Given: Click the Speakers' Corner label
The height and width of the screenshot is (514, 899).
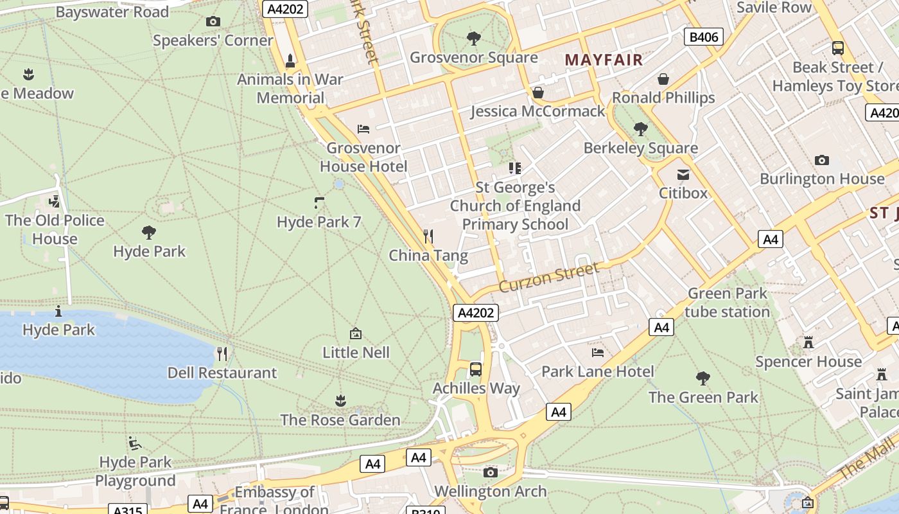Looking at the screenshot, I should click(x=213, y=40).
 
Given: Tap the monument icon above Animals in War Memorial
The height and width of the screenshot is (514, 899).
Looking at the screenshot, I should click(x=290, y=61).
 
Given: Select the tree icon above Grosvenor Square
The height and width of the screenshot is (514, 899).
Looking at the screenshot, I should click(x=474, y=39).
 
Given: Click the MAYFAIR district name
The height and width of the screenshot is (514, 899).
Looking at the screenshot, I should click(x=604, y=60).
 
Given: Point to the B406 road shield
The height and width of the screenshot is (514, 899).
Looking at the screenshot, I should click(x=703, y=37).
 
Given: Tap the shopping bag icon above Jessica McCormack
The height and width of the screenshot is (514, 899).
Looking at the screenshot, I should click(x=538, y=93).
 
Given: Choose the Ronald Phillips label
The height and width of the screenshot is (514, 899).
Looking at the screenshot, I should click(x=663, y=98).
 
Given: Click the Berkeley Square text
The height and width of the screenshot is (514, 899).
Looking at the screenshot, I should click(x=640, y=148).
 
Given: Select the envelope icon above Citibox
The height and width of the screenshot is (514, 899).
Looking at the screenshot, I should click(x=683, y=175).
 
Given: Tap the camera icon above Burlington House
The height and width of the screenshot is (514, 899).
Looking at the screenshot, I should click(x=821, y=160).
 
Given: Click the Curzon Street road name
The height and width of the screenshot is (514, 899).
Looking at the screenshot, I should click(x=548, y=276).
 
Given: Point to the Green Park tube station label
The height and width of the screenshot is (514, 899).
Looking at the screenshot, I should click(x=727, y=303).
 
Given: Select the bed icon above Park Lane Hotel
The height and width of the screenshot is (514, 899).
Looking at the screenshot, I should click(x=598, y=352).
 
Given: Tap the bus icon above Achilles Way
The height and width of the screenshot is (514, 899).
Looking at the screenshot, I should click(x=476, y=369).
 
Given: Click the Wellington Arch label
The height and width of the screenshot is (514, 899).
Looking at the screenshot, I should click(x=491, y=492).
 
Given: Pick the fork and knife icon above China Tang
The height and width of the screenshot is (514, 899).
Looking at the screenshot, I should click(x=428, y=236).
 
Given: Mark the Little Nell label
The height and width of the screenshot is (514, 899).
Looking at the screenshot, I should click(x=356, y=352).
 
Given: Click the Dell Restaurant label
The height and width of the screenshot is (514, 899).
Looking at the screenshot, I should click(x=222, y=373).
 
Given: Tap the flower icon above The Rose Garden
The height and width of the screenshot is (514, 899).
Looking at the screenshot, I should click(x=340, y=401).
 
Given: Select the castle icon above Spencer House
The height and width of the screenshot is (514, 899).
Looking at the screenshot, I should click(x=808, y=342).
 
